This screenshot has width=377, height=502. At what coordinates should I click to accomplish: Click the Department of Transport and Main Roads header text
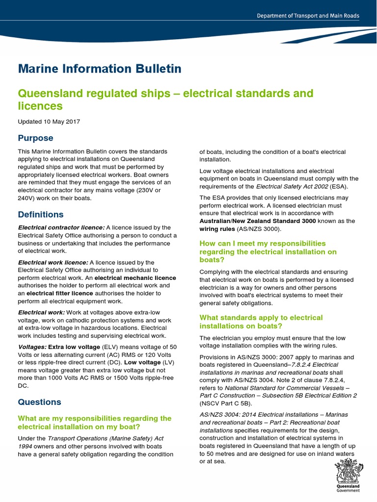pos(308,16)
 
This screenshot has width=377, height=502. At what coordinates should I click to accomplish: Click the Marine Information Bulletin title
pos(100,69)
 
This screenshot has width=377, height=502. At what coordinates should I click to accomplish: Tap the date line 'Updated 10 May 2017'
pos(49,122)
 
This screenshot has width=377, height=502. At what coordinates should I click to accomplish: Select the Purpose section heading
pos(35,138)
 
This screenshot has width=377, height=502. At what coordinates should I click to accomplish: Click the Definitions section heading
pos(41,215)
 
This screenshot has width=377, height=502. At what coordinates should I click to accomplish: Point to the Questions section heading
pos(39,402)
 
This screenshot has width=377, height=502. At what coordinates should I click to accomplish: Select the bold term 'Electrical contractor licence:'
pos(61,227)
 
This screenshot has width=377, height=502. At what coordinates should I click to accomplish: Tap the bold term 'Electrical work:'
pos(41,312)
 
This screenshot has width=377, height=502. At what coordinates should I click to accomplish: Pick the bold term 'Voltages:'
pos(32,347)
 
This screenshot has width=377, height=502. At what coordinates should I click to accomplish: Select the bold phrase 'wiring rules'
pos(216,228)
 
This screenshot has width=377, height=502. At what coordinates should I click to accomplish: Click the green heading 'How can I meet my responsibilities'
pos(263,244)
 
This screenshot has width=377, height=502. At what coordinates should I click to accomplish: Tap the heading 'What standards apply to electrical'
pos(261,318)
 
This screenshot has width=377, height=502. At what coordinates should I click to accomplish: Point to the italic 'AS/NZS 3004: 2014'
pos(227,414)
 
